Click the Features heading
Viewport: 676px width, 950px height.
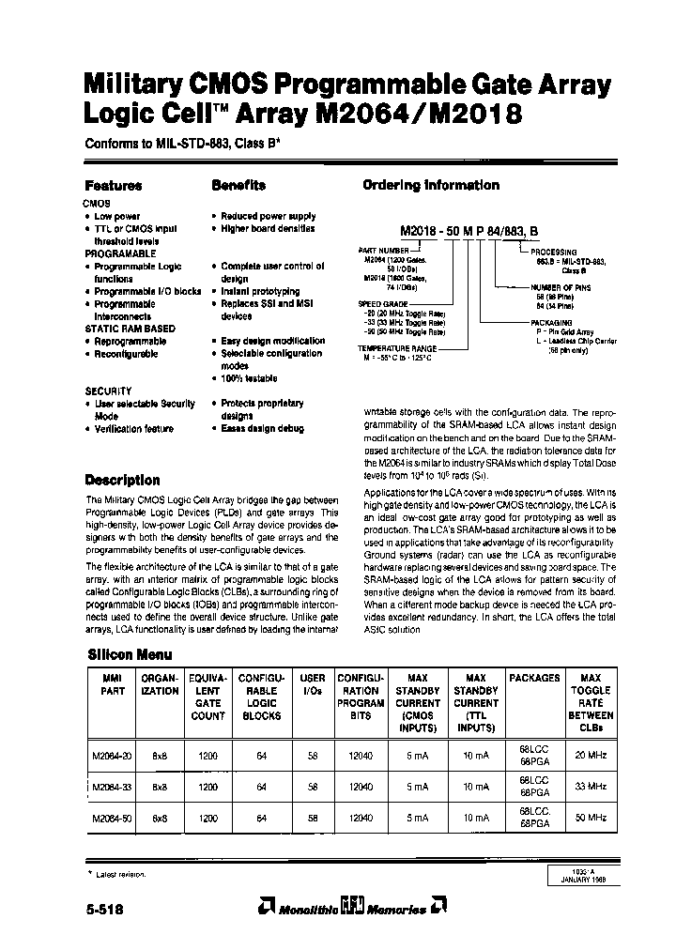coord(114,186)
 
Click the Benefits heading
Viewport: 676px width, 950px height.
coord(238,186)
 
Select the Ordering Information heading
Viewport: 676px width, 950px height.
coord(431,186)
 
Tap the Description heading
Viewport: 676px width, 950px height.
coord(122,480)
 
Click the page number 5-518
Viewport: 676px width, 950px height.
coord(103,909)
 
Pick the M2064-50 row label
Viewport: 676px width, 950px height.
coord(111,818)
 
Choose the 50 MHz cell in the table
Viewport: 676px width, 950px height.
coord(591,818)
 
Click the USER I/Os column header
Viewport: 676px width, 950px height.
coord(312,683)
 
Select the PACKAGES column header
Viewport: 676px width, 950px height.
coord(534,678)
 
